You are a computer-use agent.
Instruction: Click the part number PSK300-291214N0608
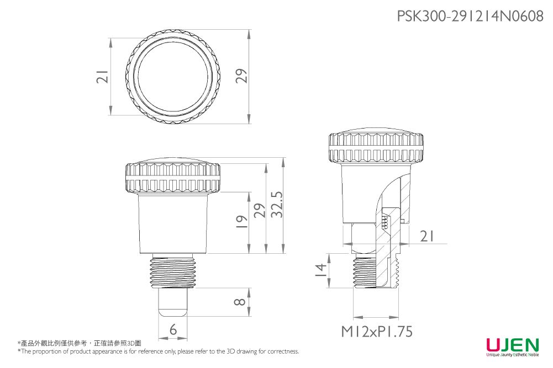[x=470, y=17]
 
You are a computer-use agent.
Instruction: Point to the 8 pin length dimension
[x=239, y=302]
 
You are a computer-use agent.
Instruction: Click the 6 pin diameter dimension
[x=173, y=330]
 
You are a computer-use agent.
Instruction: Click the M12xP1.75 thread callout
[x=376, y=332]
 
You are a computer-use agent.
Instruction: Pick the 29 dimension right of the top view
[x=241, y=77]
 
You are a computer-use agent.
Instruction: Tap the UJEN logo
[x=512, y=346]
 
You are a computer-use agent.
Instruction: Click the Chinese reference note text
[x=80, y=343]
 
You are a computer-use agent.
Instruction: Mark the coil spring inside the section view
[x=385, y=221]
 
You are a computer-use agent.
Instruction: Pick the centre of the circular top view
[x=173, y=77]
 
